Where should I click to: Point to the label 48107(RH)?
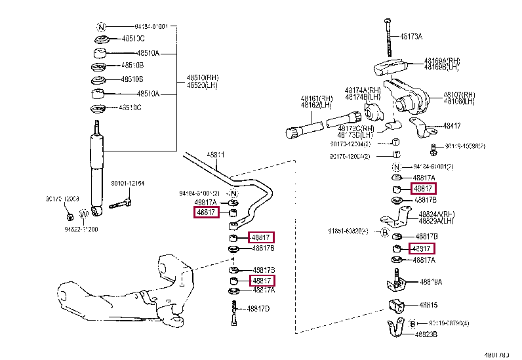[x=459, y=94]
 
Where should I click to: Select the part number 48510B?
[x=131, y=66]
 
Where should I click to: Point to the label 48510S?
[x=131, y=79]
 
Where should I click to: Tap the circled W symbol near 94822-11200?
[x=83, y=214]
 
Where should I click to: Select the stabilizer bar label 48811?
[x=216, y=155]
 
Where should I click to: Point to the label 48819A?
[x=430, y=282]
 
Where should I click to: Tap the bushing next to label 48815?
[x=396, y=306]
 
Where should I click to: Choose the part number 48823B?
[x=427, y=334]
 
